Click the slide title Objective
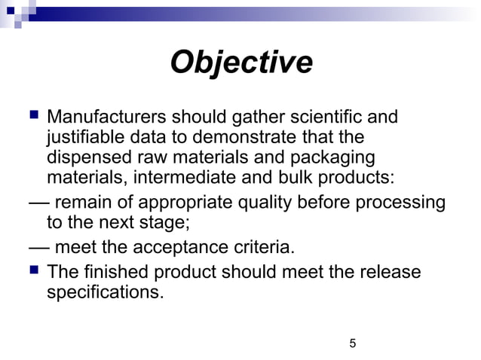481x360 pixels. click(240, 63)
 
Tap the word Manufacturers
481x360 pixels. click(106, 117)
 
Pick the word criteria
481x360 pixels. click(262, 248)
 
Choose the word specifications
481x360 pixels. click(105, 291)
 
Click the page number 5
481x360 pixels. click(353, 344)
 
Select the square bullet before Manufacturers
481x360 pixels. click(32, 116)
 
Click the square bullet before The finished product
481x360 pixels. click(32, 270)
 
